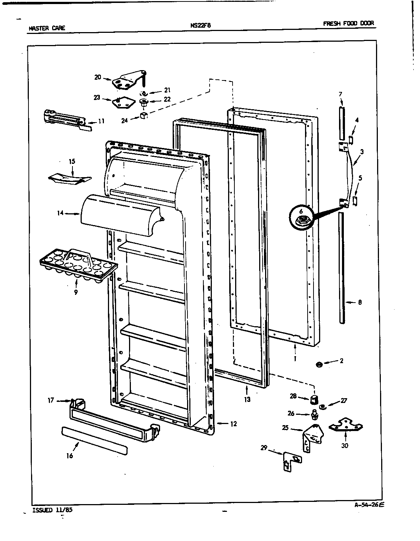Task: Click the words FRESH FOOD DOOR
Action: point(348,23)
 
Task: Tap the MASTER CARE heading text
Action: point(47,28)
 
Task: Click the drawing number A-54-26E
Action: point(369,506)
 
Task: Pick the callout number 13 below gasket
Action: point(247,399)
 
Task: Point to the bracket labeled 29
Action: point(292,461)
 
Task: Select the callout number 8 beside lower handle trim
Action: point(360,303)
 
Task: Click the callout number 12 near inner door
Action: point(233,424)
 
